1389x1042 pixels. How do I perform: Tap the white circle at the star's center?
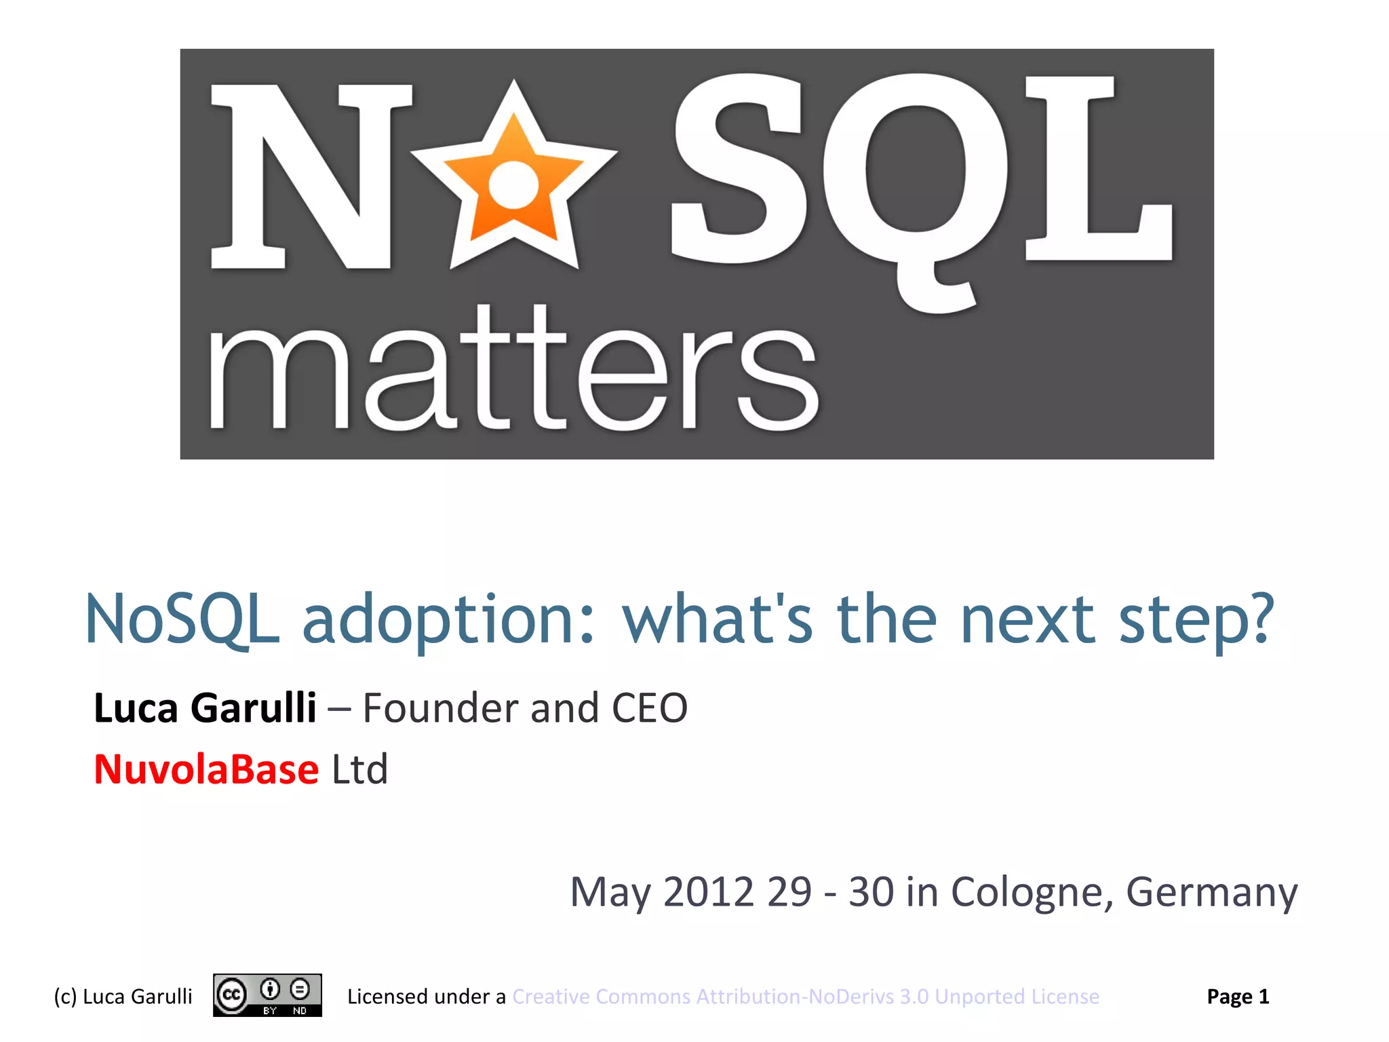click(513, 185)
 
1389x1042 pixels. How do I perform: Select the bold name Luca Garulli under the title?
click(205, 708)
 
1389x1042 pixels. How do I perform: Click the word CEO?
click(649, 708)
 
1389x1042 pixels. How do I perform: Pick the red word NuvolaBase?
click(206, 769)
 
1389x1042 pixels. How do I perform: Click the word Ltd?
click(359, 769)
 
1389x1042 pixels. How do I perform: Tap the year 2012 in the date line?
click(708, 891)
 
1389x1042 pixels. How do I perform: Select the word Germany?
click(1211, 893)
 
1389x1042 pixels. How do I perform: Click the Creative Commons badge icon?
click(267, 995)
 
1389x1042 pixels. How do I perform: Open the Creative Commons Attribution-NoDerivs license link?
click(806, 997)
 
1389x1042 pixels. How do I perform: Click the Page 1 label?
click(1238, 997)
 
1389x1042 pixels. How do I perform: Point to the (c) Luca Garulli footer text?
click(123, 997)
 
